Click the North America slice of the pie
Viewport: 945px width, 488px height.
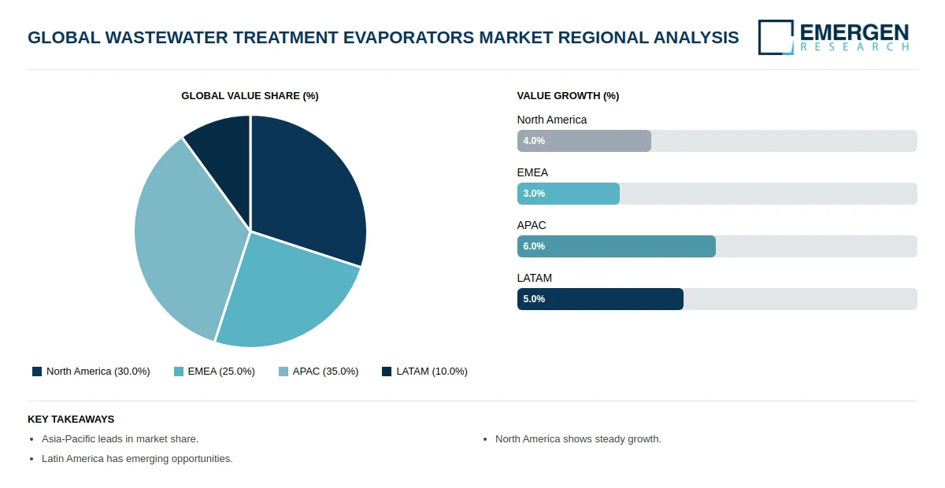tap(307, 189)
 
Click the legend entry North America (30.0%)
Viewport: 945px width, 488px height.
tap(91, 372)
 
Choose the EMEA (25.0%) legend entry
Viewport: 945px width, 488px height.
tap(214, 372)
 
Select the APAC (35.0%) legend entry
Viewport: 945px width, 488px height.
tap(319, 372)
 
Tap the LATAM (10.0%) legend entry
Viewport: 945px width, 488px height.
tap(424, 372)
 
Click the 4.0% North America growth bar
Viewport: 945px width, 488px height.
tap(584, 141)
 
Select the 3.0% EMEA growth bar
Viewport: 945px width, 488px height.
tap(568, 194)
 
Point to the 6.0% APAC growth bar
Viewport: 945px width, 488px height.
tap(616, 246)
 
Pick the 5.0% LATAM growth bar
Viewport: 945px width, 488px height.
tap(600, 299)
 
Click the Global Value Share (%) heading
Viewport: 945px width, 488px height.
tap(250, 96)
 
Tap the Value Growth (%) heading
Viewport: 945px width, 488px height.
tap(568, 96)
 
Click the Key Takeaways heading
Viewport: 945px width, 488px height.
tap(71, 420)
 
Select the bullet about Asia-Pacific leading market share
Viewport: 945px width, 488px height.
tap(120, 439)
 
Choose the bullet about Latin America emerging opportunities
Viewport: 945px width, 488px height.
tap(137, 459)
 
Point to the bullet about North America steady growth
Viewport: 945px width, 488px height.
tap(578, 439)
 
